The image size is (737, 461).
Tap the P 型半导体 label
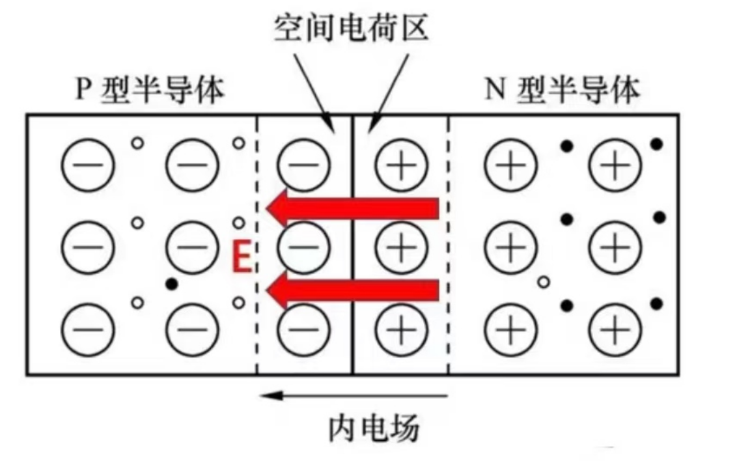149,91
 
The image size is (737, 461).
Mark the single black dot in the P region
172,284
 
